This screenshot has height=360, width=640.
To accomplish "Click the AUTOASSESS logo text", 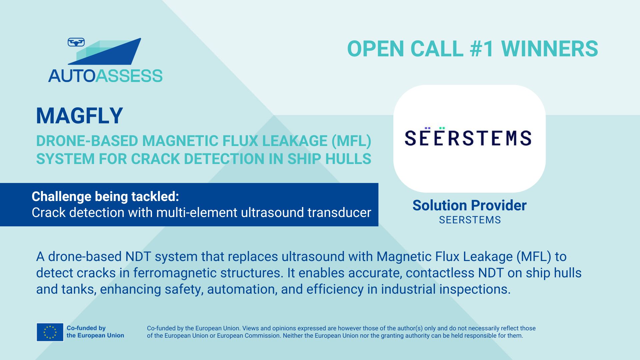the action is (x=105, y=76).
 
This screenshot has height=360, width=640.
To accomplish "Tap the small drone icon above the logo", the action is (x=76, y=42).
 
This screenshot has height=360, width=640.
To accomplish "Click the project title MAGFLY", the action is (x=79, y=116).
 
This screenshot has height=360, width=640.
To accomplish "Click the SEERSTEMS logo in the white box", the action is (x=468, y=137).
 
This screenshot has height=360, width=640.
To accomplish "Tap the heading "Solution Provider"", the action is (x=469, y=205).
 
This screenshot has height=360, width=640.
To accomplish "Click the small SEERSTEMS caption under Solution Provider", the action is (x=470, y=220).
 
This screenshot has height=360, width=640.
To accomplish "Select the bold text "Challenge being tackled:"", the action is (x=105, y=197).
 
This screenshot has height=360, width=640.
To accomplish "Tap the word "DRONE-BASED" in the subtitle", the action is (x=87, y=141).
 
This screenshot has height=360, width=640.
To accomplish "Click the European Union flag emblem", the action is (x=50, y=332).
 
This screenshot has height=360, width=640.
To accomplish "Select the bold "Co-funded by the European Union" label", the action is (x=95, y=332).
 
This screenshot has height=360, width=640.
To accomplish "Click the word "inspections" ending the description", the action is (x=473, y=289).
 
